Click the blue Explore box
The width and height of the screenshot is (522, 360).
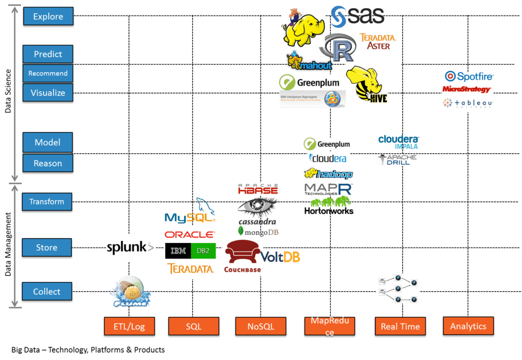tap(48, 17)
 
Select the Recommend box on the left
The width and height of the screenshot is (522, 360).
tap(48, 74)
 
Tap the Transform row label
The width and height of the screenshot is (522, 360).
tap(47, 202)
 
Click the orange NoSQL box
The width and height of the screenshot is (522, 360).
tap(260, 327)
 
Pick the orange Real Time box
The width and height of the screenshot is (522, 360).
tap(400, 327)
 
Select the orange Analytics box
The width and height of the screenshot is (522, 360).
tap(468, 326)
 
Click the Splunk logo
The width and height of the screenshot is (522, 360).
tap(130, 247)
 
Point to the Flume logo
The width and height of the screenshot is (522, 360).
tap(130, 292)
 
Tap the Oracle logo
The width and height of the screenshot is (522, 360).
tap(189, 234)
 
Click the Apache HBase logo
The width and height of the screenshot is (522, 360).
tap(258, 189)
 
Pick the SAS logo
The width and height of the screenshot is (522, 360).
tap(358, 17)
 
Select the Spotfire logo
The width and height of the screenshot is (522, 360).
tap(468, 77)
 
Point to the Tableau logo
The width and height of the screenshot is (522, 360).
tap(467, 103)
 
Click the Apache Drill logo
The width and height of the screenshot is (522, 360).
tap(398, 160)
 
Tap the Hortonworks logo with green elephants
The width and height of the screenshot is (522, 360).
tap(328, 206)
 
